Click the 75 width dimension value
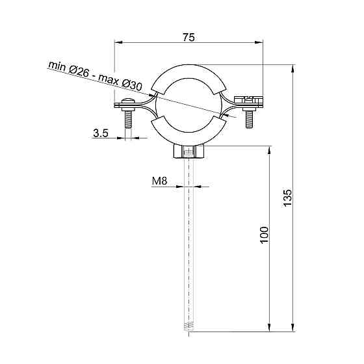(188, 38)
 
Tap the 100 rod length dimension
(263, 234)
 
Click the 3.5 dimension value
(101, 133)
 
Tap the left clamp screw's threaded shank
(127, 120)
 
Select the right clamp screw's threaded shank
(248, 119)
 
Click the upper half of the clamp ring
(188, 70)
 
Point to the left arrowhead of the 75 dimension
(118, 43)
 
